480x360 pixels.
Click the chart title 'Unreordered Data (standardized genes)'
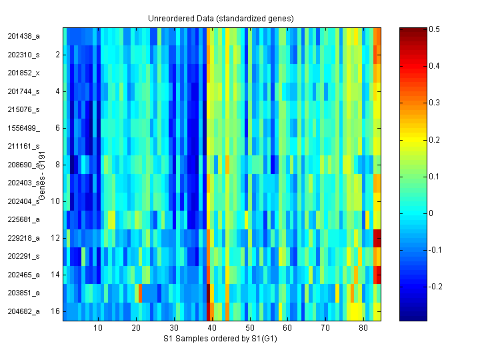click(x=222, y=18)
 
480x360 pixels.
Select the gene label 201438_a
click(x=23, y=36)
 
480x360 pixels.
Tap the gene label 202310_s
click(x=23, y=54)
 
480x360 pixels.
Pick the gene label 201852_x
click(x=23, y=73)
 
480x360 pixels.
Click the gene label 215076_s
click(x=23, y=109)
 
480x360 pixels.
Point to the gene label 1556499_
click(x=23, y=127)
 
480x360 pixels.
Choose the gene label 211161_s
click(x=23, y=146)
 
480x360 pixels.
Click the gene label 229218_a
click(x=23, y=237)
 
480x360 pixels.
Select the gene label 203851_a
click(x=23, y=293)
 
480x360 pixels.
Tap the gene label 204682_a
click(x=23, y=311)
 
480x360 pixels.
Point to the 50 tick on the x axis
click(x=249, y=329)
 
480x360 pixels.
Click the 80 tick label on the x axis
click(x=363, y=329)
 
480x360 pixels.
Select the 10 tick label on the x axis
click(x=98, y=329)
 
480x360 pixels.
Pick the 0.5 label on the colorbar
click(x=435, y=29)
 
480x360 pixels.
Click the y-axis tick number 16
click(x=56, y=311)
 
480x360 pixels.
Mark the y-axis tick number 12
click(x=56, y=237)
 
